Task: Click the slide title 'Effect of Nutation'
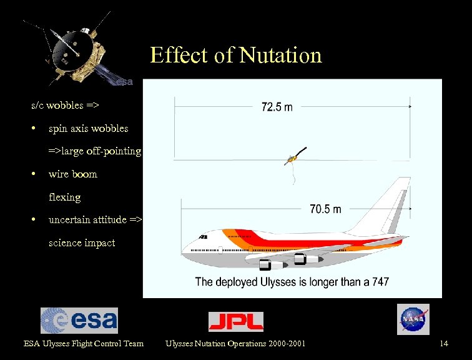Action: tap(235, 56)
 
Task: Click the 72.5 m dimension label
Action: tap(277, 107)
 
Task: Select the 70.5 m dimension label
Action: tap(325, 209)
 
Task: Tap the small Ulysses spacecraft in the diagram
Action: tap(292, 159)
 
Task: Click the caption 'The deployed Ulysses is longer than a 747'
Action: tap(292, 282)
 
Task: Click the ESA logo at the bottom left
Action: tap(79, 321)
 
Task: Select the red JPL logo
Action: tap(235, 321)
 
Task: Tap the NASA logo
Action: tap(413, 319)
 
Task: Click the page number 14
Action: tap(444, 343)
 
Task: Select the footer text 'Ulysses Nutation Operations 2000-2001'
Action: tap(235, 343)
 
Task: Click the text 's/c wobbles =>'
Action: tap(66, 105)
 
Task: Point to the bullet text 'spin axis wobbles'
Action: tap(88, 128)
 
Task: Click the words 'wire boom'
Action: tap(72, 174)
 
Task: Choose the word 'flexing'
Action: tap(64, 197)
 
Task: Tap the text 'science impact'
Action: tap(81, 242)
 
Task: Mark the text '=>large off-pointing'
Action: tap(95, 151)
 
